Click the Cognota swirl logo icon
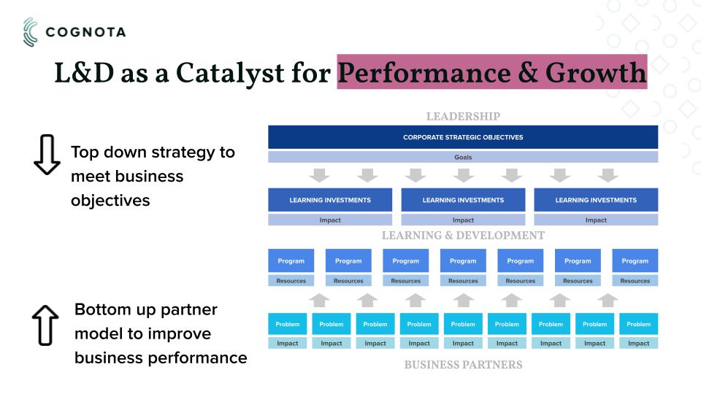[31, 32]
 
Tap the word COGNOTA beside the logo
[86, 32]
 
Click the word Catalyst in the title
[230, 73]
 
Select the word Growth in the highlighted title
[596, 72]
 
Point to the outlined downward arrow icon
[47, 154]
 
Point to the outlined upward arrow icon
[45, 325]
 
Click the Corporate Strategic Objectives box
[463, 137]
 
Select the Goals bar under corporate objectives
[463, 158]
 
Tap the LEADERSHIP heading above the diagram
[463, 117]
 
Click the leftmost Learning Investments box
[330, 200]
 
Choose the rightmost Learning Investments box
[596, 200]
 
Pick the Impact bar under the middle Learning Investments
[463, 220]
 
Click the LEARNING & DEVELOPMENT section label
[463, 236]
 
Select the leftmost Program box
[291, 260]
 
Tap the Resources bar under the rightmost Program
[635, 280]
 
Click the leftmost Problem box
[288, 324]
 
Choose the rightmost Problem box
[638, 324]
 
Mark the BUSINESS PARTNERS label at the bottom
[463, 365]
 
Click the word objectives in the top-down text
[110, 201]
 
